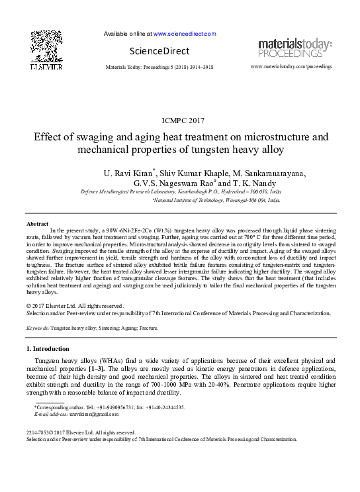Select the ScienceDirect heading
coord(159,51)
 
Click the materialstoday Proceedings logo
coord(294,48)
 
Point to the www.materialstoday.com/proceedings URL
coord(291,67)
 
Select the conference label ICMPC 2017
coord(179,121)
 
